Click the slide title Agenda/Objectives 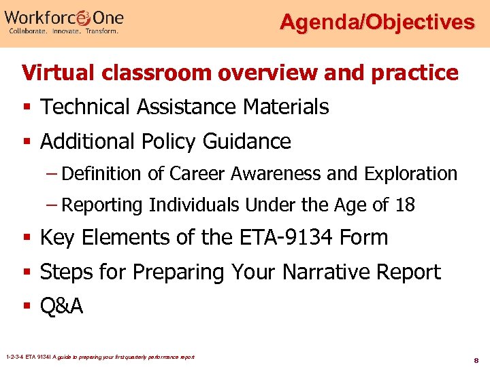point(377,22)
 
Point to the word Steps point(67,272)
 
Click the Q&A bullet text point(62,307)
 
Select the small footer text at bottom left point(99,356)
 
